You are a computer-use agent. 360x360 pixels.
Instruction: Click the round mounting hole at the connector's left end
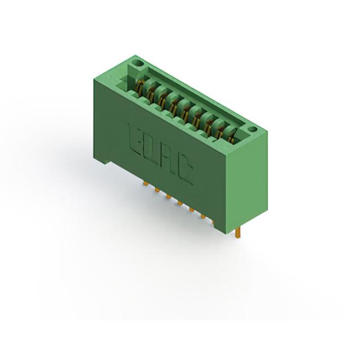137,62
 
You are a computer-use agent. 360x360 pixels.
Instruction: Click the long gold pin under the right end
238,233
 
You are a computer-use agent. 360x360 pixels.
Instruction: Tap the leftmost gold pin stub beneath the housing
146,183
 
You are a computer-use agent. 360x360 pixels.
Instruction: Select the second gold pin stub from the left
157,190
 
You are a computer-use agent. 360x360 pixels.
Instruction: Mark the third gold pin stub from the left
169,197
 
